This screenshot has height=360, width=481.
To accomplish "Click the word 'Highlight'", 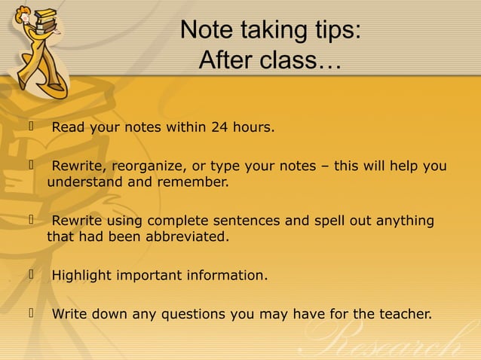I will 81,276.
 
